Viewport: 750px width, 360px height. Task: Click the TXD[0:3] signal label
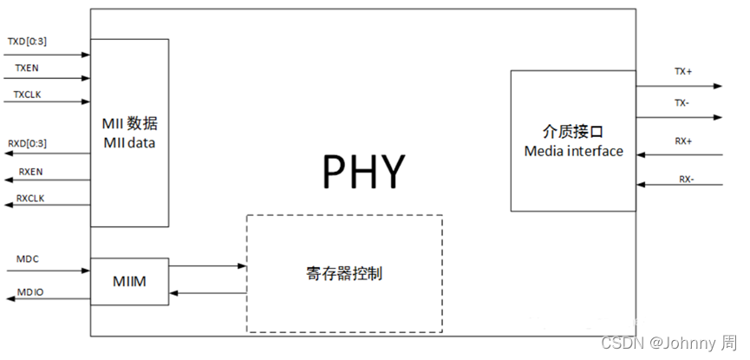click(x=28, y=41)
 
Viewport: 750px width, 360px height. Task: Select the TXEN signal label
click(x=25, y=67)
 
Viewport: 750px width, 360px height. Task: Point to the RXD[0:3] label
click(x=28, y=143)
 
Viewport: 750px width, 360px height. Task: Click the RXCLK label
click(x=31, y=199)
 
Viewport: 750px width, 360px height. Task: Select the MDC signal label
click(x=29, y=259)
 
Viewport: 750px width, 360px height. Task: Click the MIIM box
click(x=129, y=282)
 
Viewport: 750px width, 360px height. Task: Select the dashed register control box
click(x=344, y=273)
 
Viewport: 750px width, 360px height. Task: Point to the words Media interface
click(x=573, y=151)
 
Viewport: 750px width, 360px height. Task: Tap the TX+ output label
click(x=683, y=72)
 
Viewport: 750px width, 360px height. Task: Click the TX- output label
click(x=682, y=102)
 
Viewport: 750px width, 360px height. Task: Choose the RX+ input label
click(x=683, y=141)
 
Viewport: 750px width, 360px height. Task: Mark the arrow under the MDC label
click(x=48, y=272)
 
